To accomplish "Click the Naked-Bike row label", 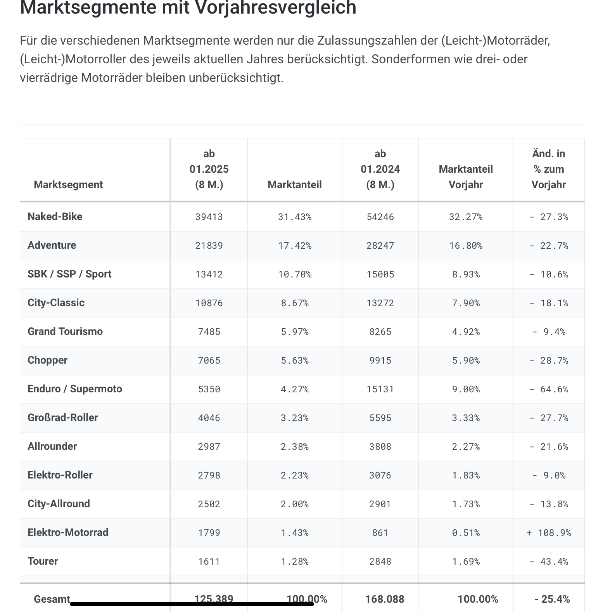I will (55, 217).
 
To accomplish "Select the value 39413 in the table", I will (209, 217).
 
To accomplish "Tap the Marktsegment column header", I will (68, 185).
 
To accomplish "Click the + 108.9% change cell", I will (549, 533).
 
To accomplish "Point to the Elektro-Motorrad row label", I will (68, 532).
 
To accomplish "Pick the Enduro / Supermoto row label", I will (75, 389).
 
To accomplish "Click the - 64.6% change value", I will (549, 389).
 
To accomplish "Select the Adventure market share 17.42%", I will (295, 246).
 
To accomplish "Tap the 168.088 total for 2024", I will (385, 599).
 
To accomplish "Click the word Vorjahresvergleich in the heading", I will (275, 8).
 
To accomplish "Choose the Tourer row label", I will (43, 561).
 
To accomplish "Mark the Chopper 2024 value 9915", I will (380, 361).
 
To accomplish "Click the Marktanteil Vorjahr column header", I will (466, 177).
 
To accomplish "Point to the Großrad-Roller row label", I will (63, 418).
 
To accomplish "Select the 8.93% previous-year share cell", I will (466, 274).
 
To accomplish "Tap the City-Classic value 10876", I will (209, 303).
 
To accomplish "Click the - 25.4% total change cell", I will (552, 599).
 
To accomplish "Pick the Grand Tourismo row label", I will (65, 331).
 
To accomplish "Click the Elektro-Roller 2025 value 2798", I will (209, 475).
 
